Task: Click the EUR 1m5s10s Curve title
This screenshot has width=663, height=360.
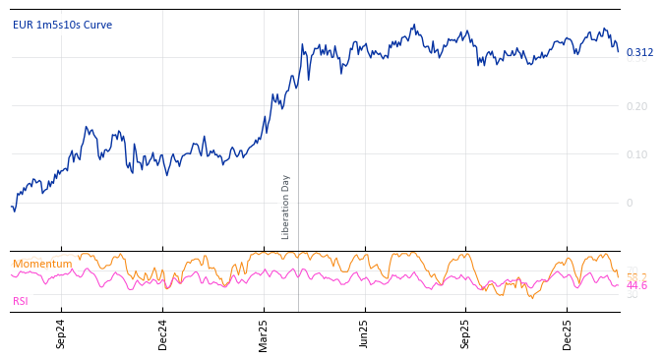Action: click(62, 25)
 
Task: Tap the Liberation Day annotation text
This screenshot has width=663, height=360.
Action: click(285, 207)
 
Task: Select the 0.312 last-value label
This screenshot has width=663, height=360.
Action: click(639, 52)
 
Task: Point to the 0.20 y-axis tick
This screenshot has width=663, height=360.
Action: click(636, 106)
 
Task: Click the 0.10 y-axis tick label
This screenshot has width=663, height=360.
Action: click(636, 154)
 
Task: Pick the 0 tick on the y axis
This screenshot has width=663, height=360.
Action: click(630, 203)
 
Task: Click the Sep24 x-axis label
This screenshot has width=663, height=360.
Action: click(61, 333)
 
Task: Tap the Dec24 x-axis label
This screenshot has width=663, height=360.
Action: click(162, 333)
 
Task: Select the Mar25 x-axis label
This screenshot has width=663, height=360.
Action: click(264, 333)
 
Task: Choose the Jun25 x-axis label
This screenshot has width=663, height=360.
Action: click(365, 333)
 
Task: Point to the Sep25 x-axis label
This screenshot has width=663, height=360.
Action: click(466, 333)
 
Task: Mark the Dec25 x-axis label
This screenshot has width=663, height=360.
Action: click(568, 333)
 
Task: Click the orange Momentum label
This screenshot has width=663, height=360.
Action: click(42, 264)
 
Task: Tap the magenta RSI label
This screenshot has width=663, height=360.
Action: click(21, 301)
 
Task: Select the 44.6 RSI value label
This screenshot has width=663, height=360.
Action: click(636, 285)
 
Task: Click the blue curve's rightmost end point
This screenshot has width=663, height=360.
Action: click(618, 51)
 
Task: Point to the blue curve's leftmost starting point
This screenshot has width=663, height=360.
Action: click(11, 207)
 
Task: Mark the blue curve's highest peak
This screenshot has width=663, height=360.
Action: click(414, 25)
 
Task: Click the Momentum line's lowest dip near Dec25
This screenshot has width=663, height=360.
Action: click(532, 297)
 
